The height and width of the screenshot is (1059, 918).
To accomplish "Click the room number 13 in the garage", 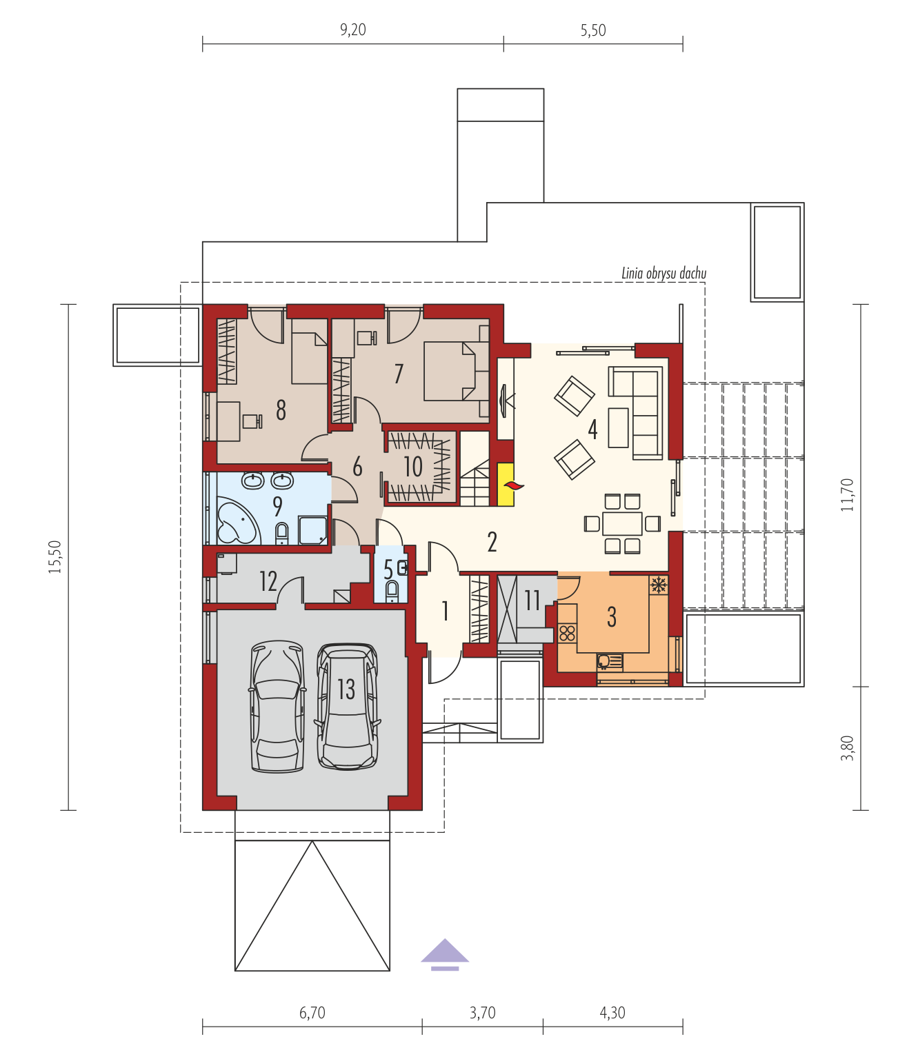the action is (346, 689).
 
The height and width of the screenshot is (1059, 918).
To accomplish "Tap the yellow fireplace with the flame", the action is (506, 484).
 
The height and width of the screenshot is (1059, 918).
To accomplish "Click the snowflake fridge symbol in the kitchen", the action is (659, 585).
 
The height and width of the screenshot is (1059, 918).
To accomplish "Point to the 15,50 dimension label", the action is (55, 557).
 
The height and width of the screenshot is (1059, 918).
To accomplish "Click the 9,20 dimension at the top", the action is (353, 30).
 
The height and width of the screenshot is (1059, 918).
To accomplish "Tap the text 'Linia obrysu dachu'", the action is (663, 273).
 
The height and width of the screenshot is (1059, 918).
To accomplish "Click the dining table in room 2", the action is (622, 523).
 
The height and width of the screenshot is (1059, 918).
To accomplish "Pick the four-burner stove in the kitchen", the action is (567, 633).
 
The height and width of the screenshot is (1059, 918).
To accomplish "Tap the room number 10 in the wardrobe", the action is (413, 467).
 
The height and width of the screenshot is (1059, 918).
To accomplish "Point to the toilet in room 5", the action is (392, 591).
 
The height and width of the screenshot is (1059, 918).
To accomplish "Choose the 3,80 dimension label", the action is (848, 748).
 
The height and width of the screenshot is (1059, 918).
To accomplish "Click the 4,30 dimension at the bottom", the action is (612, 1013).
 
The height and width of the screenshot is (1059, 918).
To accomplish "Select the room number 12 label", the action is (268, 581).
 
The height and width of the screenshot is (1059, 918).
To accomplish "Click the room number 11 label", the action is (532, 600).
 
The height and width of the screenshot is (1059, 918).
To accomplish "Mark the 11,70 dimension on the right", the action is (848, 495).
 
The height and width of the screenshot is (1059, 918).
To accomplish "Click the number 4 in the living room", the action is (592, 430).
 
